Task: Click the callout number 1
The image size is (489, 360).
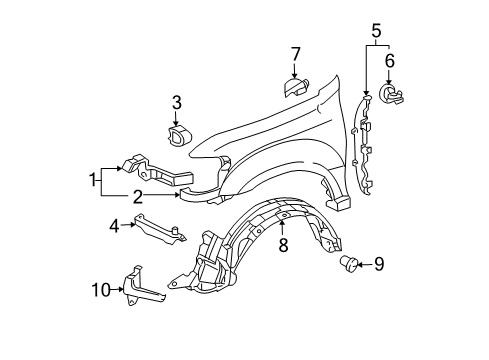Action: (93, 180)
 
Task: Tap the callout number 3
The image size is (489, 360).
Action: (176, 101)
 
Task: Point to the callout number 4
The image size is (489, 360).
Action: (114, 225)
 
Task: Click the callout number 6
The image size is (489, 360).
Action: (389, 62)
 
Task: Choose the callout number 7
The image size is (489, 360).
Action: (296, 52)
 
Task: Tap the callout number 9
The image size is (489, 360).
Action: (378, 264)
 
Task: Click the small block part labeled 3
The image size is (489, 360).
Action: (178, 137)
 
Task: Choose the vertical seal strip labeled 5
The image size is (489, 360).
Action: (366, 150)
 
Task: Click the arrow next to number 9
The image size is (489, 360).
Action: (365, 264)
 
